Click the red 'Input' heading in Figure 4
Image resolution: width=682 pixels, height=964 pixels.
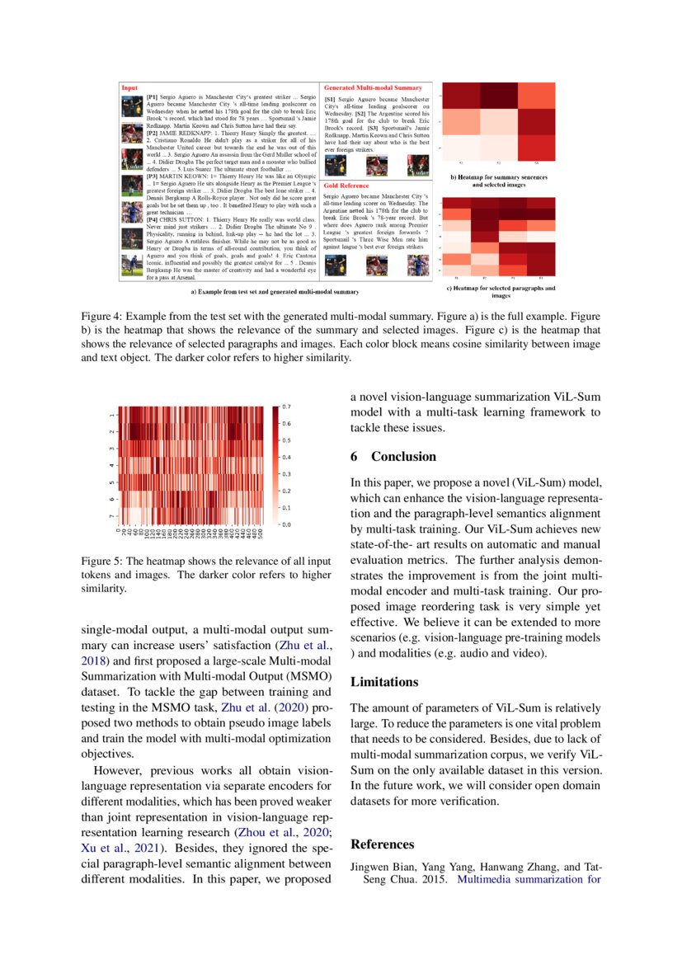point(130,87)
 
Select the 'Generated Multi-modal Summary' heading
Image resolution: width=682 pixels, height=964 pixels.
point(374,87)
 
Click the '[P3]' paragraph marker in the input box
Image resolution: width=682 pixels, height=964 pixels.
point(153,176)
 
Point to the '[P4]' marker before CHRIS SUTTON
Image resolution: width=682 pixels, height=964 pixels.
point(153,219)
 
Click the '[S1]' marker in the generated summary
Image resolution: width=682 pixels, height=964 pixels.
point(332,99)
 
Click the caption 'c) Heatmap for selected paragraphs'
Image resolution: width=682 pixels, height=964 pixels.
point(500,289)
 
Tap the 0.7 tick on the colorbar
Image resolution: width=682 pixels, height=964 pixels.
point(287,407)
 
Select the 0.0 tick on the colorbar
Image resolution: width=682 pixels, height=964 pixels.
point(287,524)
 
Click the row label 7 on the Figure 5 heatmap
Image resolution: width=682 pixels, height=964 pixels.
point(111,516)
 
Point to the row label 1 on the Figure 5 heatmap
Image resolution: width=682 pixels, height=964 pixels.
point(111,415)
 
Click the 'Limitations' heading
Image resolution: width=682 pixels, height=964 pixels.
point(383,682)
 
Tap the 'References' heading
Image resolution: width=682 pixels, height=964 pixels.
point(382,844)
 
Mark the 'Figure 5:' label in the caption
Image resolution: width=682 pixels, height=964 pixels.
point(101,562)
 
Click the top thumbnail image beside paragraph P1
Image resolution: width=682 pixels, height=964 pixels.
point(132,107)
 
